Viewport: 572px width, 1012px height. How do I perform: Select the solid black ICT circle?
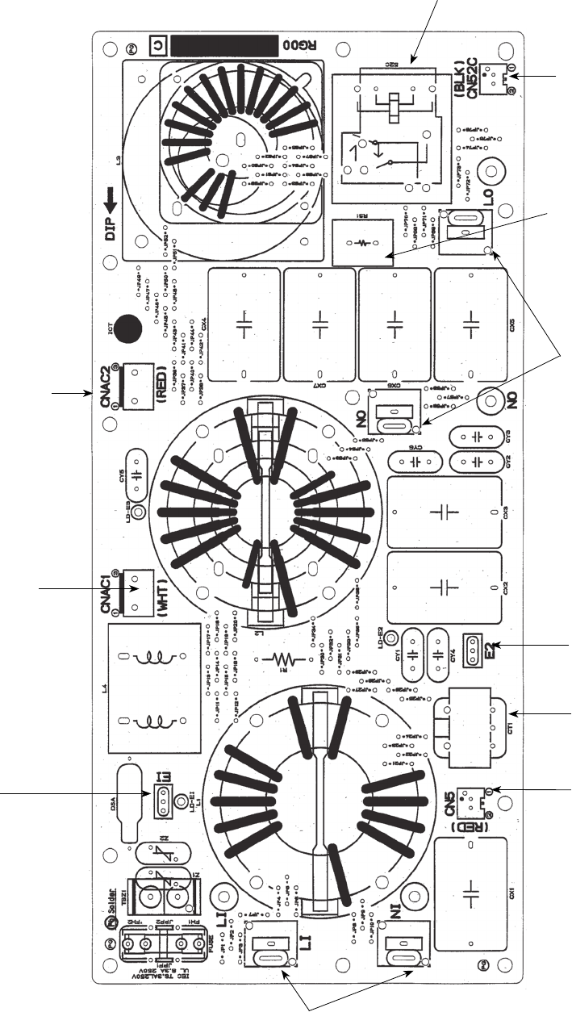127,328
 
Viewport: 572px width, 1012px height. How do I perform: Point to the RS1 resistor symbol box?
363,241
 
